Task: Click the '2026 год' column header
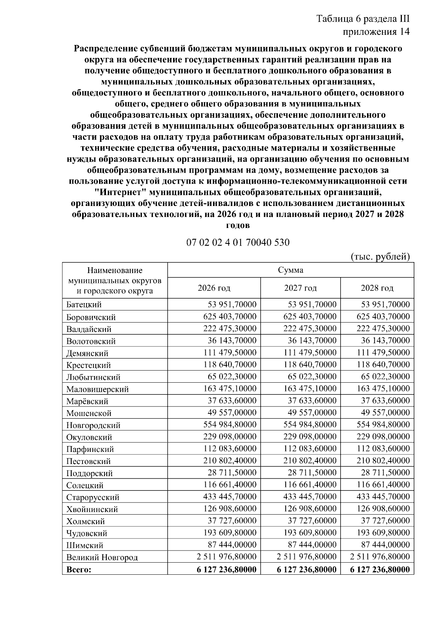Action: [214, 288]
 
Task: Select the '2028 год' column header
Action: [377, 288]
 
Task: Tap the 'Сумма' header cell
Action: [290, 270]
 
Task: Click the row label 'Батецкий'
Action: [84, 305]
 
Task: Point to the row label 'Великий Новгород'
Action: [102, 558]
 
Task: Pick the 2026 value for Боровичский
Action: [230, 316]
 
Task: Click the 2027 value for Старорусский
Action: [310, 497]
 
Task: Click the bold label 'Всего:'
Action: [78, 570]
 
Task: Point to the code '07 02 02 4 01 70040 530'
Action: [238, 243]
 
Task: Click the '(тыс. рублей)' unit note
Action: [380, 256]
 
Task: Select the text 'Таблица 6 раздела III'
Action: [363, 19]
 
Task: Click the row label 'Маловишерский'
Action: [98, 389]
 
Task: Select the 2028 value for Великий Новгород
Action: [380, 557]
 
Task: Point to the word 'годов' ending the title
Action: [238, 225]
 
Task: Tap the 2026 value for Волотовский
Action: [232, 341]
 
